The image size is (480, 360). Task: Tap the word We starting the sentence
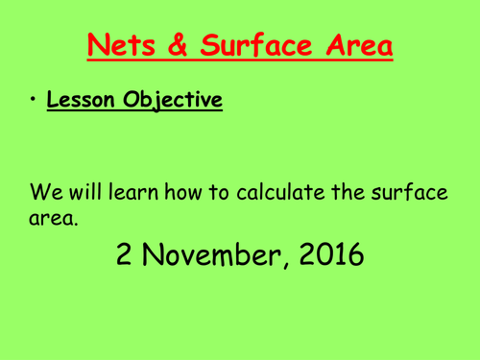[45, 192]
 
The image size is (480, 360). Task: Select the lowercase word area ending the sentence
[51, 220]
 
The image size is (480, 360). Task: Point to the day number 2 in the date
[126, 253]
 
